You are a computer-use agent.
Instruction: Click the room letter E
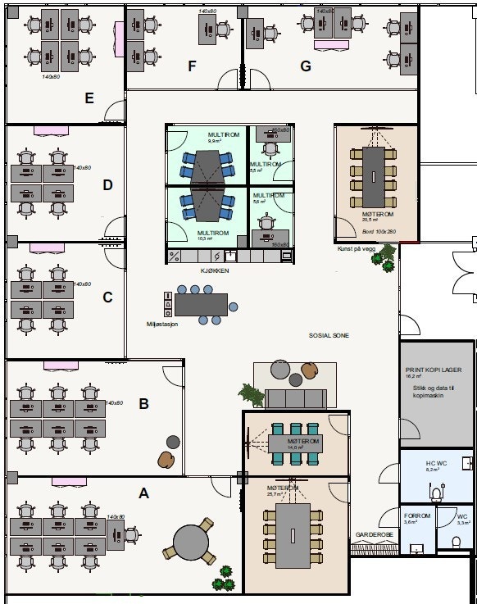click(89, 98)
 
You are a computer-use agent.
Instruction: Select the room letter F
click(193, 66)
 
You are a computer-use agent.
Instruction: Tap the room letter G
click(306, 66)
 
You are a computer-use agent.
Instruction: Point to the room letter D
click(107, 185)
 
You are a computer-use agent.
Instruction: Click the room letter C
click(107, 297)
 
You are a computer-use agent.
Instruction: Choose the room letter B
click(143, 403)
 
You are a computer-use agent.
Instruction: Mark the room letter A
click(144, 493)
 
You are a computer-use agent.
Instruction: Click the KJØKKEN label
click(216, 270)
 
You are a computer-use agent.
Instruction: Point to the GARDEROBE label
click(373, 535)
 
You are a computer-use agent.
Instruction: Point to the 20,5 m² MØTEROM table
click(373, 166)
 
